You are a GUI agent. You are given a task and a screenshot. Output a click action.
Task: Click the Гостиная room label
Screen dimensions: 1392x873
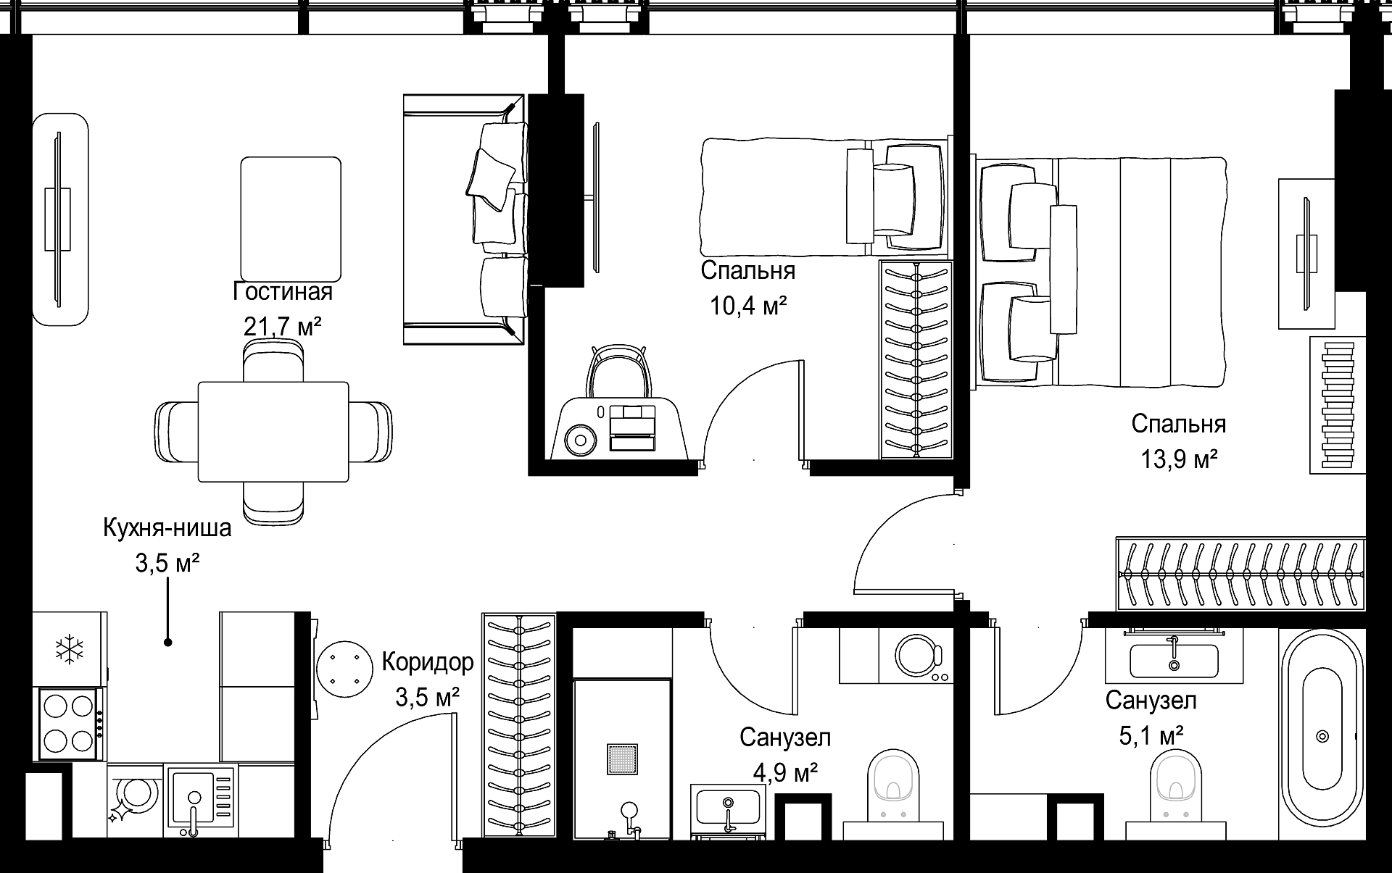283,292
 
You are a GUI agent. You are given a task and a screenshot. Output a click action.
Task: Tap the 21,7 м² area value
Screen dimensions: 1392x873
282,327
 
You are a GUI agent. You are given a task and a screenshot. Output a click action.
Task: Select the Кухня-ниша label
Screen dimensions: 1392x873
167,527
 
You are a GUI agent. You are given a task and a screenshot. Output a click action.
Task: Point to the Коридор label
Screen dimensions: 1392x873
428,662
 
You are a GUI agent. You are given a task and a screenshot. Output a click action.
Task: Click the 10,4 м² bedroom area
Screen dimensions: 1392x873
748,306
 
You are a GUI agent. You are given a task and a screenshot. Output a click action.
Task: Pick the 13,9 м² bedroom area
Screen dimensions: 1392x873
1179,459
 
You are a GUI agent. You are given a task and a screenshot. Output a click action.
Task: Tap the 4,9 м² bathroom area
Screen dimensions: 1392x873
786,773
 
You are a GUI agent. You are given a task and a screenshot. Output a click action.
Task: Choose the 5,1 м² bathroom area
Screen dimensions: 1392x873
1151,736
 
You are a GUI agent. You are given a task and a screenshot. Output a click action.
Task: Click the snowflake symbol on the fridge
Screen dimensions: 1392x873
70,648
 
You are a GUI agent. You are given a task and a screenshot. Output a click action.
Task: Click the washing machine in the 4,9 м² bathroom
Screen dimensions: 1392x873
895,656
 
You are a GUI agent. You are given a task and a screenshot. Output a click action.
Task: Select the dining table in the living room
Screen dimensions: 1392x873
273,432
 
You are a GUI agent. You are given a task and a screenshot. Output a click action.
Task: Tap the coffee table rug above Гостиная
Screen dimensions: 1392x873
291,219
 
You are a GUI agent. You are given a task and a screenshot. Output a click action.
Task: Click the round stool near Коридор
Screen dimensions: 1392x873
344,668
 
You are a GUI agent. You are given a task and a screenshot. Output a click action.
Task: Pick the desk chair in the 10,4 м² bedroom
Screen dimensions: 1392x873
618,372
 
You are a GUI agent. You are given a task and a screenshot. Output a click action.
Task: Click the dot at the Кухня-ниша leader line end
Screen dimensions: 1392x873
167,642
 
